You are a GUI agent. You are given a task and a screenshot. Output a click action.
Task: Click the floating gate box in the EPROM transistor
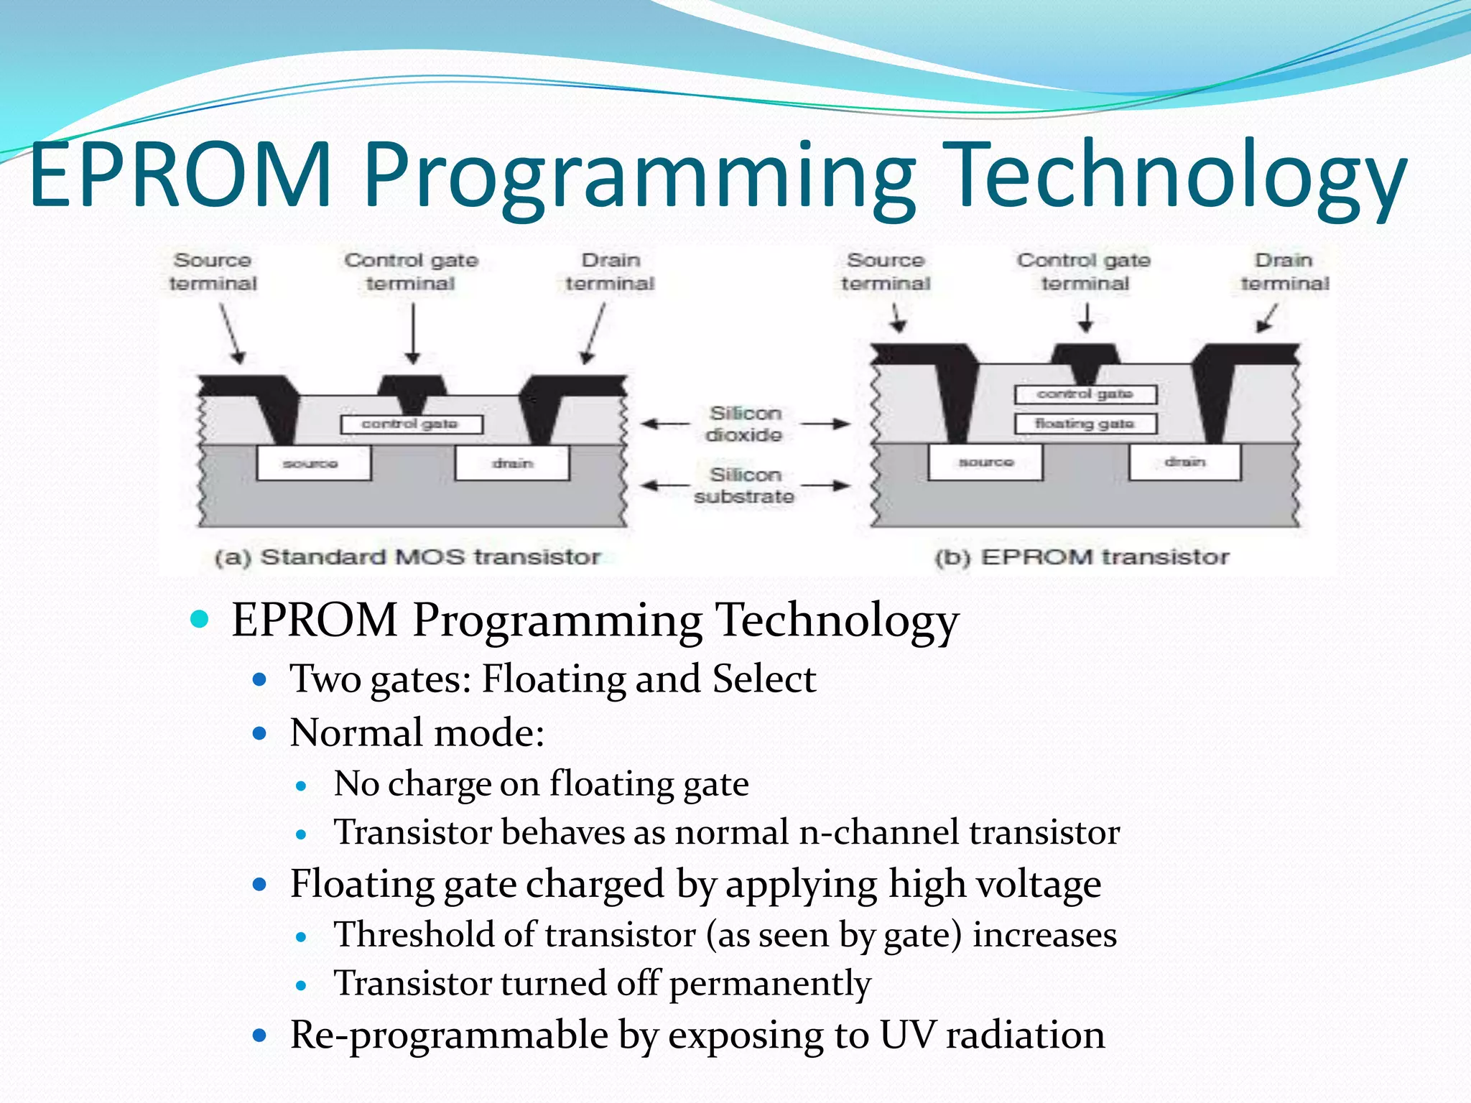pyautogui.click(x=1085, y=424)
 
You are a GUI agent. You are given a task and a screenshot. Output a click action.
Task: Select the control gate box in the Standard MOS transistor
pyautogui.click(x=411, y=424)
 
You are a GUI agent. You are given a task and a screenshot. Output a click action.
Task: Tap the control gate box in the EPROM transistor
pyautogui.click(x=1085, y=394)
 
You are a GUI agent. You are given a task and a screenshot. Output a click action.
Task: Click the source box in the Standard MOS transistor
pyautogui.click(x=314, y=463)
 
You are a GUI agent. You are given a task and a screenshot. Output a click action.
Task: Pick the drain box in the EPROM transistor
pyautogui.click(x=1184, y=462)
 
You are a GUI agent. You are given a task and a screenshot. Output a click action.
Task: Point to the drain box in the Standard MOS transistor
pyautogui.click(x=512, y=463)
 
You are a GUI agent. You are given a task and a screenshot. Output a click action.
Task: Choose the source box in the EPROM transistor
pyautogui.click(x=985, y=462)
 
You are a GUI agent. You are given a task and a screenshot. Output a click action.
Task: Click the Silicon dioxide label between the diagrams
pyautogui.click(x=745, y=424)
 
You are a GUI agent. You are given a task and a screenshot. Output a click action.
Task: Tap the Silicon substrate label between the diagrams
pyautogui.click(x=745, y=485)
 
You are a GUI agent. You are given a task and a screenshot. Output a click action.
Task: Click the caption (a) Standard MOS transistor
pyautogui.click(x=407, y=557)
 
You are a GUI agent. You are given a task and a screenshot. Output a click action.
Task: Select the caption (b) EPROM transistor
pyautogui.click(x=1082, y=557)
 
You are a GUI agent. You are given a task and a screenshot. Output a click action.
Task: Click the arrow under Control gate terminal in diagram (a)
pyautogui.click(x=413, y=333)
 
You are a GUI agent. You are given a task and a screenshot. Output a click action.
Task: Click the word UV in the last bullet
pyautogui.click(x=907, y=1035)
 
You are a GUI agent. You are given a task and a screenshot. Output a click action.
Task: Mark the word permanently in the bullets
pyautogui.click(x=770, y=983)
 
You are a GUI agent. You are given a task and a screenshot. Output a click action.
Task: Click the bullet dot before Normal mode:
pyautogui.click(x=260, y=733)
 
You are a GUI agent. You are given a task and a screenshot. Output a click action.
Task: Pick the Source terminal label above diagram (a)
pyautogui.click(x=213, y=271)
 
